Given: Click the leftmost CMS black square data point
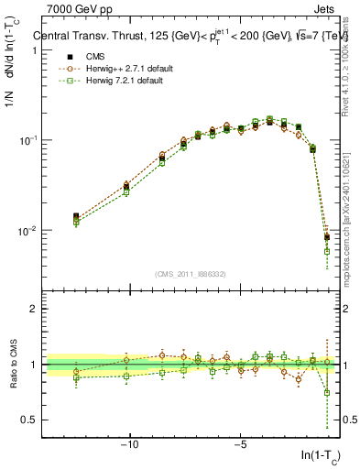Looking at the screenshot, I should pyautogui.click(x=76, y=217).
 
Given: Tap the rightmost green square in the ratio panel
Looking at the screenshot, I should pyautogui.click(x=327, y=393).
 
